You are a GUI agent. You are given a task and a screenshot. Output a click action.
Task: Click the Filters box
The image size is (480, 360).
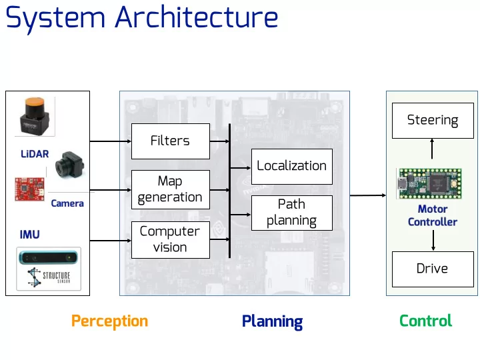coord(171,141)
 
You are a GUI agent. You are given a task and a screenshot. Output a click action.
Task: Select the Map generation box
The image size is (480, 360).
coord(171,189)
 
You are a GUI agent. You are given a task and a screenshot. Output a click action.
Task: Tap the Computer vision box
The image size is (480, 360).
coord(171,240)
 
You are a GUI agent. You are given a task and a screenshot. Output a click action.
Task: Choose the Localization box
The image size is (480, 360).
coord(292,167)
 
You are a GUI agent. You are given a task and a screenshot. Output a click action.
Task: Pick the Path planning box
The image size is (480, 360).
coord(292,213)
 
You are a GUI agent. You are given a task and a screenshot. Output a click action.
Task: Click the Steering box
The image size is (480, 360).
coord(433,121)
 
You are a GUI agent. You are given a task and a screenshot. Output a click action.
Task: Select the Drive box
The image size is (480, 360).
coord(433,269)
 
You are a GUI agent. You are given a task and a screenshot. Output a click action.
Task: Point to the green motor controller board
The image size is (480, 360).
coord(429,183)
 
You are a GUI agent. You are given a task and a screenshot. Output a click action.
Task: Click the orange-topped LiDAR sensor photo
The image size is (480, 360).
coord(35,116)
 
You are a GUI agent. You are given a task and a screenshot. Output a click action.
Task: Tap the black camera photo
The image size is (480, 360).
coord(69,165)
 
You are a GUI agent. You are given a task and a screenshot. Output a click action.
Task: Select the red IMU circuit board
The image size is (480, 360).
coord(30,189)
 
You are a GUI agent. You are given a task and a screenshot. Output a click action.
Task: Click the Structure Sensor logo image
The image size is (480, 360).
coord(49,269)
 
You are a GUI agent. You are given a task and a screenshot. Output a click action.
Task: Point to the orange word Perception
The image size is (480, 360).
coord(109,321)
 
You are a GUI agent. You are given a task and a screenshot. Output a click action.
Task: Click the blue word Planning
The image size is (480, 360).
coord(272,321)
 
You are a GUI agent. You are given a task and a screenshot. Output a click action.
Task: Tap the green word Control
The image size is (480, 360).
coord(425,321)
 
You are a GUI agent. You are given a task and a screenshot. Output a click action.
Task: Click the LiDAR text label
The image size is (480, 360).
coord(35,154)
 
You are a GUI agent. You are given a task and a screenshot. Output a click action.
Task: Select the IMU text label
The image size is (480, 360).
coord(30,235)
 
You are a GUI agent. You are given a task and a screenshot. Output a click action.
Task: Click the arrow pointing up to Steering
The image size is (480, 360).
coord(432,149)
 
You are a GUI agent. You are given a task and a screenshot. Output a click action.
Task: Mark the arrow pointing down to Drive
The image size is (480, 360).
coord(433,241)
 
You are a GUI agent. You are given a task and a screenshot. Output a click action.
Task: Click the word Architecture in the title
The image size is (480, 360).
coord(196,17)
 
